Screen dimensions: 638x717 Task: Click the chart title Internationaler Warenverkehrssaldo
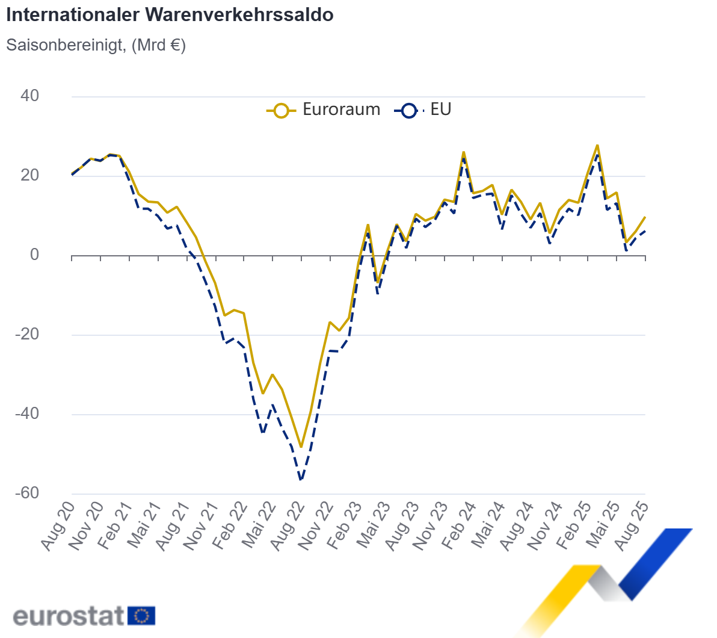pyautogui.click(x=170, y=15)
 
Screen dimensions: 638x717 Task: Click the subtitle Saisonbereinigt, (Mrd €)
pyautogui.click(x=96, y=45)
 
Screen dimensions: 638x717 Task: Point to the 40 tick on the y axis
pyautogui.click(x=29, y=96)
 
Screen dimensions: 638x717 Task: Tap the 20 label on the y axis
pyautogui.click(x=29, y=175)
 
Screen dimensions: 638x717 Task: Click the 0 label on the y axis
pyautogui.click(x=34, y=255)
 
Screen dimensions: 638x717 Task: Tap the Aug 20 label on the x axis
pyautogui.click(x=58, y=525)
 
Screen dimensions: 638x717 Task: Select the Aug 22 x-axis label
pyautogui.click(x=288, y=525)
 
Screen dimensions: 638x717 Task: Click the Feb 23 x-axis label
pyautogui.click(x=345, y=525)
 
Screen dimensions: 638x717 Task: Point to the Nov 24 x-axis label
pyautogui.click(x=546, y=525)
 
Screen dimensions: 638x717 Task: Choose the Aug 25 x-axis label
pyautogui.click(x=632, y=525)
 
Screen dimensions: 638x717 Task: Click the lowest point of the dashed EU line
pyautogui.click(x=301, y=480)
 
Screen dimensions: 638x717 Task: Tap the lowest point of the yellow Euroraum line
pyautogui.click(x=301, y=447)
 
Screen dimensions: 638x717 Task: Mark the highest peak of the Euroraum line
pyautogui.click(x=597, y=145)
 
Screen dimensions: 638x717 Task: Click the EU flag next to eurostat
pyautogui.click(x=142, y=616)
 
